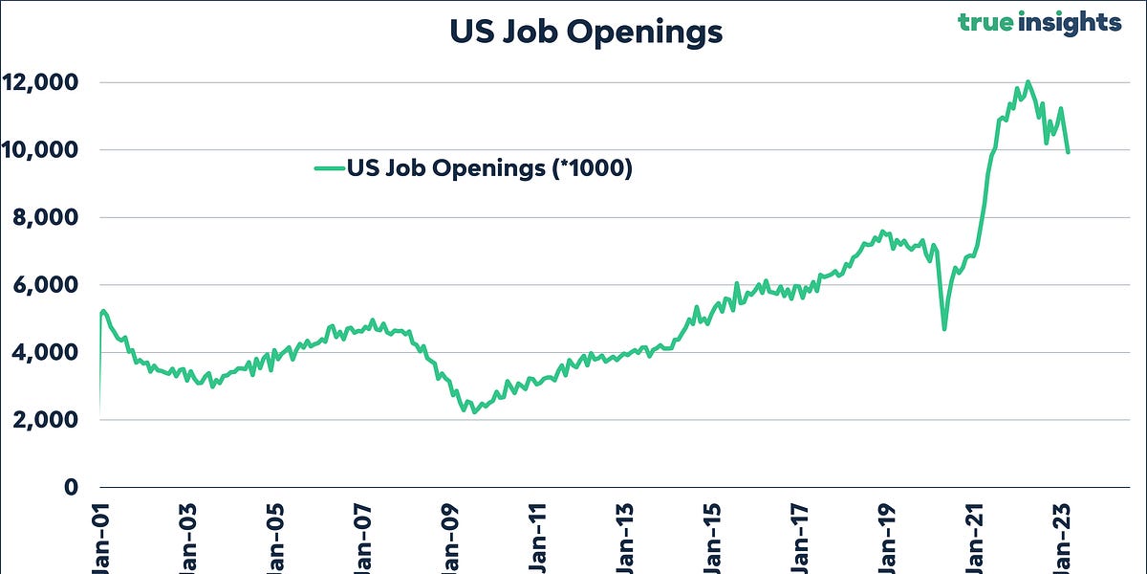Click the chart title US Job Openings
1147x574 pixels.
586,32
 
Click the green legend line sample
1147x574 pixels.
329,168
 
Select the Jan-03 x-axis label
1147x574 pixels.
188,541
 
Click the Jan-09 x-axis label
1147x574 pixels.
450,541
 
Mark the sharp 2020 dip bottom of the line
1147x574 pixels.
944,329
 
